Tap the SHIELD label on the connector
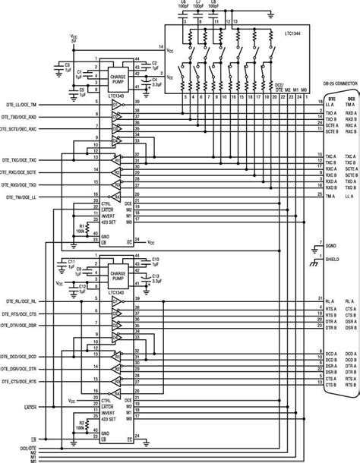point(332,259)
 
